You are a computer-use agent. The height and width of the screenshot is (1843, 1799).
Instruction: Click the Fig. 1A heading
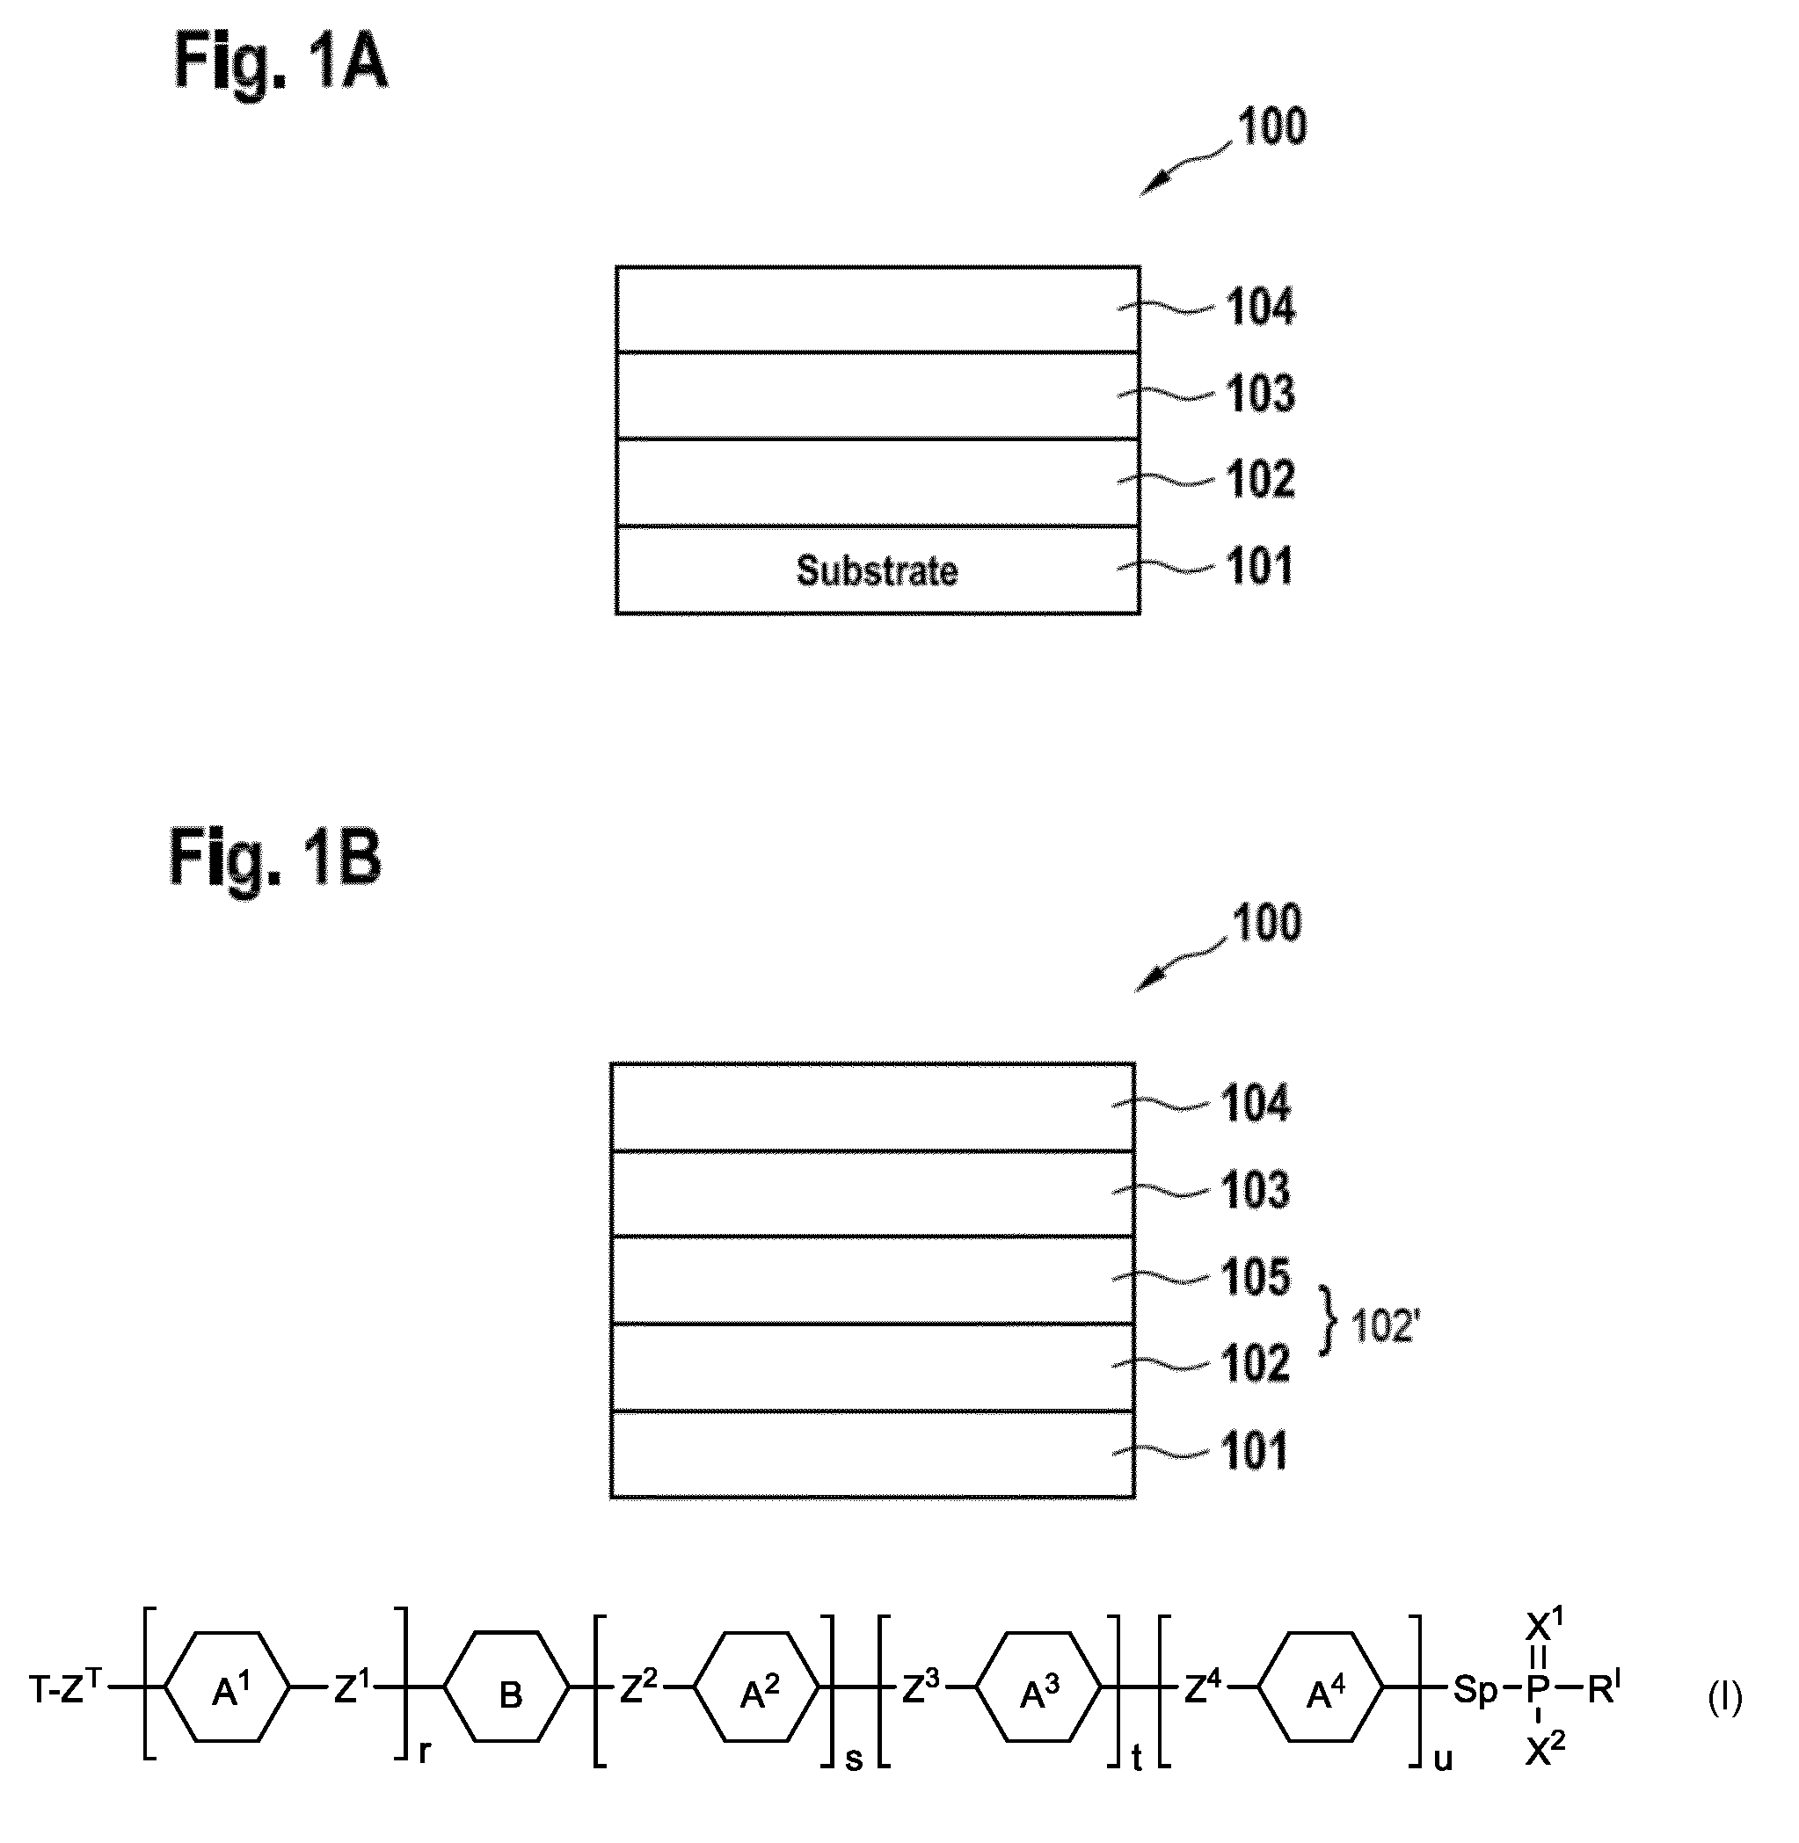pyautogui.click(x=280, y=61)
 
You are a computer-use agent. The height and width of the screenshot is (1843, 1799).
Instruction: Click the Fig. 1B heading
pyautogui.click(x=275, y=856)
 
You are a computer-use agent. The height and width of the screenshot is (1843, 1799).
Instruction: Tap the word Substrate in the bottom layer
pyautogui.click(x=877, y=570)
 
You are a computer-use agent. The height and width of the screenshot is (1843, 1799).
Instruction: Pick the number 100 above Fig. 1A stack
pyautogui.click(x=1271, y=126)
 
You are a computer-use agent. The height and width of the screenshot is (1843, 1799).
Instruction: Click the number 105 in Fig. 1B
pyautogui.click(x=1256, y=1277)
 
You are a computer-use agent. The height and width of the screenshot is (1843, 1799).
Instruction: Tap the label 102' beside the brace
pyautogui.click(x=1386, y=1326)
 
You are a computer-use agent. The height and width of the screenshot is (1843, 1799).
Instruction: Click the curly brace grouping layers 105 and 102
pyautogui.click(x=1329, y=1321)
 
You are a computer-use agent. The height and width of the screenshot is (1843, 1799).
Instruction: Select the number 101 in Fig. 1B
pyautogui.click(x=1255, y=1451)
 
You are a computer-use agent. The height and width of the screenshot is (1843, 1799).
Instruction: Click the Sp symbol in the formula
pyautogui.click(x=1475, y=1689)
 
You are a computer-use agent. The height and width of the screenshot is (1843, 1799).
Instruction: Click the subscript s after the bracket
pyautogui.click(x=853, y=1758)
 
